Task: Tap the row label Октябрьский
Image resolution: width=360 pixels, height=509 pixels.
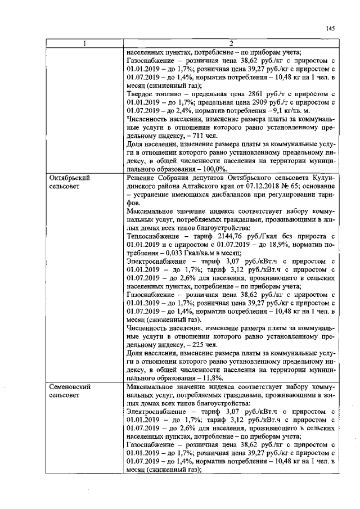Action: coord(71,178)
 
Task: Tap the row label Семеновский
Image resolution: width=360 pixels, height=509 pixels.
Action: coord(71,388)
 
